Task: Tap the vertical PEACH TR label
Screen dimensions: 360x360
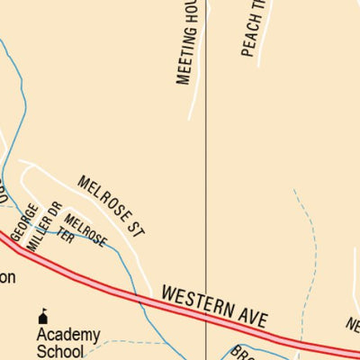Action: tap(250, 29)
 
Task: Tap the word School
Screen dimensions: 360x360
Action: tap(59, 352)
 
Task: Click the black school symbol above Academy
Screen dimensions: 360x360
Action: tap(42, 315)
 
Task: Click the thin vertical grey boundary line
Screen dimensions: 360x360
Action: tap(207, 180)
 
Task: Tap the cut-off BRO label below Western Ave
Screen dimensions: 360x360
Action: tap(242, 353)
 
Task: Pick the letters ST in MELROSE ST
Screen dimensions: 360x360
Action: tap(135, 226)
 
